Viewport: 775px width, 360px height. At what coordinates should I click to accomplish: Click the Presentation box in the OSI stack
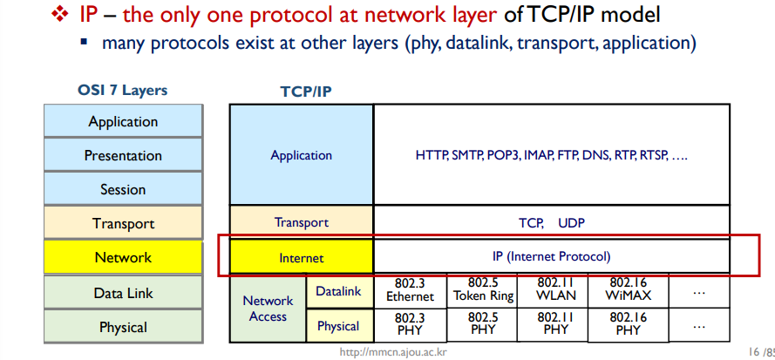coord(123,155)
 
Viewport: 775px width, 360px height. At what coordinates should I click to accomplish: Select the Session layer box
coord(123,189)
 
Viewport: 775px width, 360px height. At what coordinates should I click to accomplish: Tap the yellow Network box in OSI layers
coord(123,257)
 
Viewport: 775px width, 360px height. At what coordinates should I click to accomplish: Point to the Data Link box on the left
coord(123,294)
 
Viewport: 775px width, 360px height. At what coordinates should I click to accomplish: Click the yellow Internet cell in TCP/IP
coord(301,257)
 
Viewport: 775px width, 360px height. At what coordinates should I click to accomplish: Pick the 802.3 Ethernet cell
coord(410,289)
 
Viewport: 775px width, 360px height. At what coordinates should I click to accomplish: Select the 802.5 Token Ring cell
coord(482,289)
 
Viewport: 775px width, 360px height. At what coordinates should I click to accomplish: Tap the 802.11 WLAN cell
coord(555,289)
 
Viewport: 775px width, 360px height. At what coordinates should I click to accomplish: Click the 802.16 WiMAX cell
coord(627,289)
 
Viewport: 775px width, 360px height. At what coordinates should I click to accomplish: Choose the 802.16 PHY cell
coord(627,324)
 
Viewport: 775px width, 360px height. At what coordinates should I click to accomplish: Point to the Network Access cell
coord(268,309)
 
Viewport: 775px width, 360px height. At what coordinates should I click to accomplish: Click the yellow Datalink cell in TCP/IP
coord(338,290)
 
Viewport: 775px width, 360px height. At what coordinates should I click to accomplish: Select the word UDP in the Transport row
coord(571,222)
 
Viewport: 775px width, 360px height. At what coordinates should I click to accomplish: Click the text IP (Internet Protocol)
coord(552,256)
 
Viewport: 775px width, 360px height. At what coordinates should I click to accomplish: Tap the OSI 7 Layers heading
coord(122,90)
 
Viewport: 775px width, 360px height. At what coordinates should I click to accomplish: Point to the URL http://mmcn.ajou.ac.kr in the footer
coord(393,353)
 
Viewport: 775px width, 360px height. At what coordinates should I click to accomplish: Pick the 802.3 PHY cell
coord(410,324)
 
